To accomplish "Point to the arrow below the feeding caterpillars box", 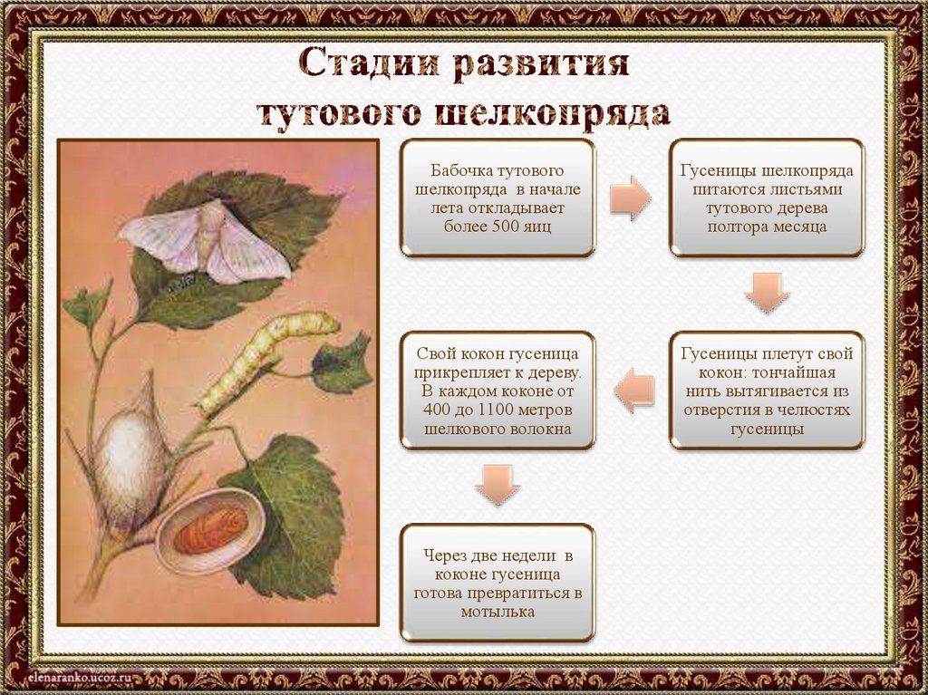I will (x=767, y=293).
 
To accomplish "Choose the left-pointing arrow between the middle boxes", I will (x=633, y=391).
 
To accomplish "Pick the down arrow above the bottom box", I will (x=498, y=485).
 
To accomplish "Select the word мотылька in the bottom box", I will (x=498, y=612).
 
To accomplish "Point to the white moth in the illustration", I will (x=205, y=241).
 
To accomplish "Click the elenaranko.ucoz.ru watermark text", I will (x=72, y=677).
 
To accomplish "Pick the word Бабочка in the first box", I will (x=461, y=170).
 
